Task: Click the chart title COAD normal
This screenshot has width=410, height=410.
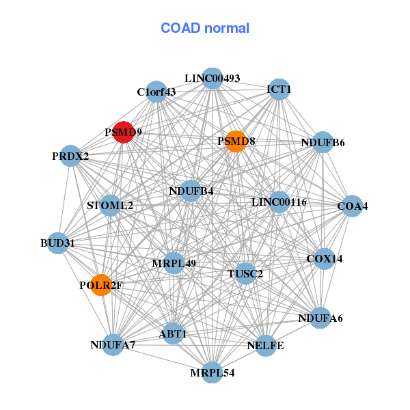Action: coord(205,28)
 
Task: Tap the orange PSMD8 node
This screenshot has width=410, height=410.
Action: coord(236,141)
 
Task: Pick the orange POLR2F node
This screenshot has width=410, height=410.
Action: coord(101,285)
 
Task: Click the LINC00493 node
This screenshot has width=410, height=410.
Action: coord(213,79)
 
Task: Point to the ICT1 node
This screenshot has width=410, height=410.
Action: coord(279,89)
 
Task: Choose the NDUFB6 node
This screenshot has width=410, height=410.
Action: coord(323,143)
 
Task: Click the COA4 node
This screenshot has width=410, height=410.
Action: coord(352,206)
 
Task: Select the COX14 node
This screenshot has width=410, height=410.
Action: coord(324,259)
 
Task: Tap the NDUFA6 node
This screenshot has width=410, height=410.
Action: coord(320,318)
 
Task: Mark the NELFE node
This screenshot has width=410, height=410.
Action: coord(265,345)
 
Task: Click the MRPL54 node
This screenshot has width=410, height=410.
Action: coord(213,372)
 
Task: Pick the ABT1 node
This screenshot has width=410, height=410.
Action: coord(173,333)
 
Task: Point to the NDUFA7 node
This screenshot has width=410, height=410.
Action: coord(113,344)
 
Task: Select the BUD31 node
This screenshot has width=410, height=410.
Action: coord(57,243)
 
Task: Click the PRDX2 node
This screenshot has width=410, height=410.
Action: coord(70,156)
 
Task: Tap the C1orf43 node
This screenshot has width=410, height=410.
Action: coord(156,92)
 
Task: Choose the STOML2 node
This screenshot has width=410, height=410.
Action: coord(110,205)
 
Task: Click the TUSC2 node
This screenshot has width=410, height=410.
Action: coord(245,273)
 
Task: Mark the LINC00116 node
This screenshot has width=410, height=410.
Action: coord(279,202)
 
